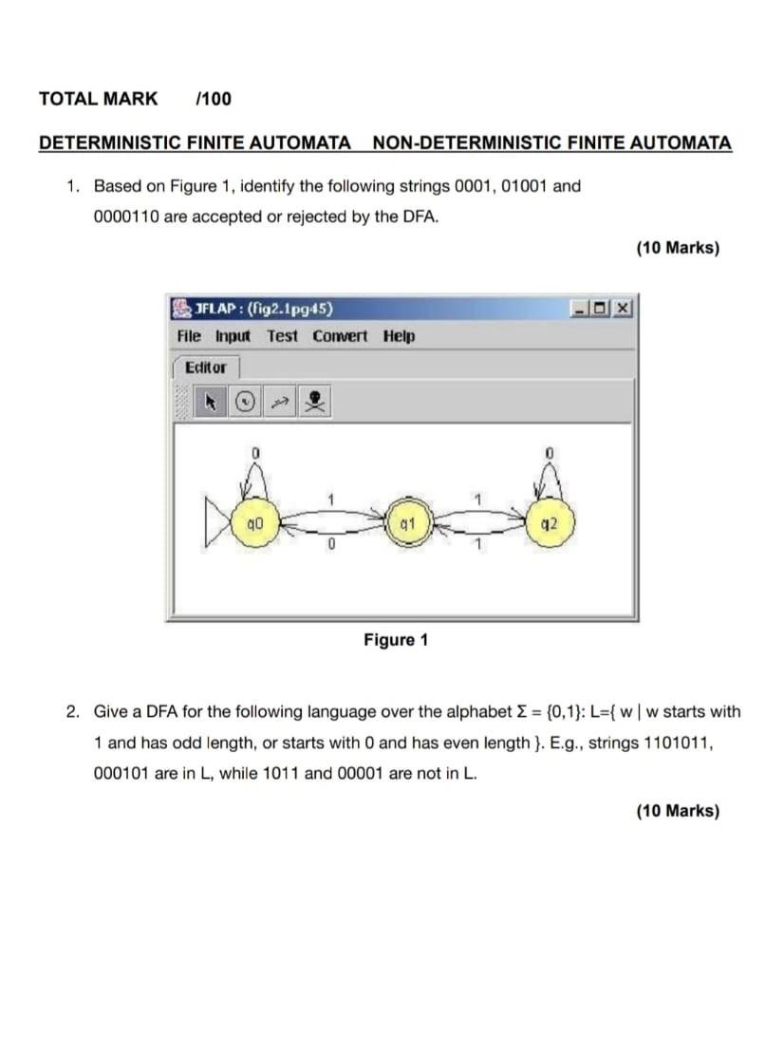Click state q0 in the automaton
253,523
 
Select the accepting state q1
406,523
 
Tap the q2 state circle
550,523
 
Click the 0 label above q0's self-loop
254,455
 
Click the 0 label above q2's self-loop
550,455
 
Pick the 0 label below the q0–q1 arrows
329,545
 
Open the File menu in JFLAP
189,337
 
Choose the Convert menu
340,337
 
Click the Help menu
399,337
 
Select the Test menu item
282,337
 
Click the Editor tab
206,367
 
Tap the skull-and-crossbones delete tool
316,403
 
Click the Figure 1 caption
396,640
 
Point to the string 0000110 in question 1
126,216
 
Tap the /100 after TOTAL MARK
213,99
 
